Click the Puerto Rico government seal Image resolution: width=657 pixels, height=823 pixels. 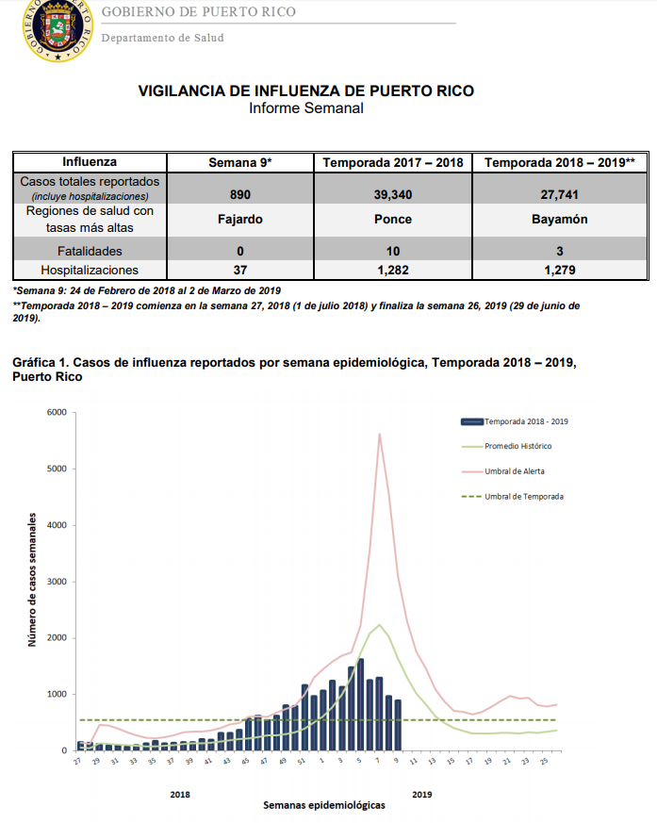coord(57,29)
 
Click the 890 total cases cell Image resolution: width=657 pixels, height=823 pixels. coord(239,195)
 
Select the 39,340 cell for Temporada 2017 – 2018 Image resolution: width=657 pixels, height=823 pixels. coord(392,195)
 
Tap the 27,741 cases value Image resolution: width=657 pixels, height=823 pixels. coord(559,195)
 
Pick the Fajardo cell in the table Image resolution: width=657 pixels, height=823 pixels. coord(239,220)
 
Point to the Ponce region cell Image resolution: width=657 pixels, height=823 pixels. coord(392,220)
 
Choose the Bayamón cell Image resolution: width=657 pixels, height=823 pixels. coord(559,220)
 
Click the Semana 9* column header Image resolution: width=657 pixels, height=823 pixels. coord(239,163)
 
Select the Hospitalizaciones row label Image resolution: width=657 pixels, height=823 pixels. coord(90,271)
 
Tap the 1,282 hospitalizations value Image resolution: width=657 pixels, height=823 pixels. coord(392,271)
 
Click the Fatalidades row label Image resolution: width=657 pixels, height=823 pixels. coord(90,252)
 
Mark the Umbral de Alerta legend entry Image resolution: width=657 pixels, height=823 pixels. coord(503,471)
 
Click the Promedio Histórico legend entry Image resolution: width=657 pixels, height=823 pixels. coord(507,446)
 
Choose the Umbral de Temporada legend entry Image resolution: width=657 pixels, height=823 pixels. coord(513,497)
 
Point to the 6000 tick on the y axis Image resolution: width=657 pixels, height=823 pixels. coord(57,413)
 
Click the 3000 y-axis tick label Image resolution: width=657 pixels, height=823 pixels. coord(57,582)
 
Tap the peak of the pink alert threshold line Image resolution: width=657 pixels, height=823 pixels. coord(380,434)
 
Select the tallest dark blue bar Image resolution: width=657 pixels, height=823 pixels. coord(360,704)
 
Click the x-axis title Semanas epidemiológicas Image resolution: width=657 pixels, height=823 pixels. coord(323,805)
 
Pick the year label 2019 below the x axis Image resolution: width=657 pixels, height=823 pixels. coord(422,795)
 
